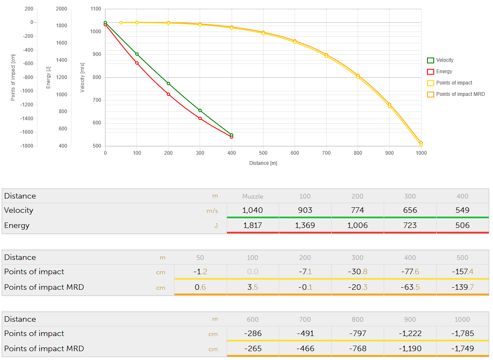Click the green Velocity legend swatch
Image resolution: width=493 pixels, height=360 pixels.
click(x=430, y=60)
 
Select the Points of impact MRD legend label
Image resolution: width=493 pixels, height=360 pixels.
click(x=460, y=94)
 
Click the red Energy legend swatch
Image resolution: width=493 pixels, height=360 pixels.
click(x=430, y=71)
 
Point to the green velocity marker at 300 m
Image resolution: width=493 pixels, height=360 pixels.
click(x=200, y=111)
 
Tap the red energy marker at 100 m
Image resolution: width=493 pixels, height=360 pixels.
click(x=137, y=63)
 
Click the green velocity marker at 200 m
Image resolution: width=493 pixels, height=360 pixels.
click(x=169, y=83)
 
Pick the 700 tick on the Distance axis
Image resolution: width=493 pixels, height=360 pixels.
click(x=326, y=153)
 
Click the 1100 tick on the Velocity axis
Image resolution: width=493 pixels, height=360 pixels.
click(x=95, y=9)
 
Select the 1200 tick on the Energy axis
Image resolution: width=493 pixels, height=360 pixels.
click(x=61, y=77)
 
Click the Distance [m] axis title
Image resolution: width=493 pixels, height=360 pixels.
click(x=263, y=163)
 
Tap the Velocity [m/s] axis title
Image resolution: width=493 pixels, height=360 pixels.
click(x=83, y=77)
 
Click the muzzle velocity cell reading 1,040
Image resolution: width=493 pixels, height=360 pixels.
click(x=252, y=210)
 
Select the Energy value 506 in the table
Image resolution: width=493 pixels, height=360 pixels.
click(x=462, y=225)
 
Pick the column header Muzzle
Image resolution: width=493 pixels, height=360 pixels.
click(x=253, y=196)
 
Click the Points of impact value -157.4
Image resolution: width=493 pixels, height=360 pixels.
click(x=462, y=272)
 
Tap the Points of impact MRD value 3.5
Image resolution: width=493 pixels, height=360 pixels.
click(x=252, y=287)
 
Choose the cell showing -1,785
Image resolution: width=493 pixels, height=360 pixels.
click(x=462, y=334)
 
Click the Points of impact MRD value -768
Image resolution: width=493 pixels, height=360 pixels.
click(x=357, y=349)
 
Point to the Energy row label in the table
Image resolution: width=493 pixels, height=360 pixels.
click(x=17, y=225)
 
